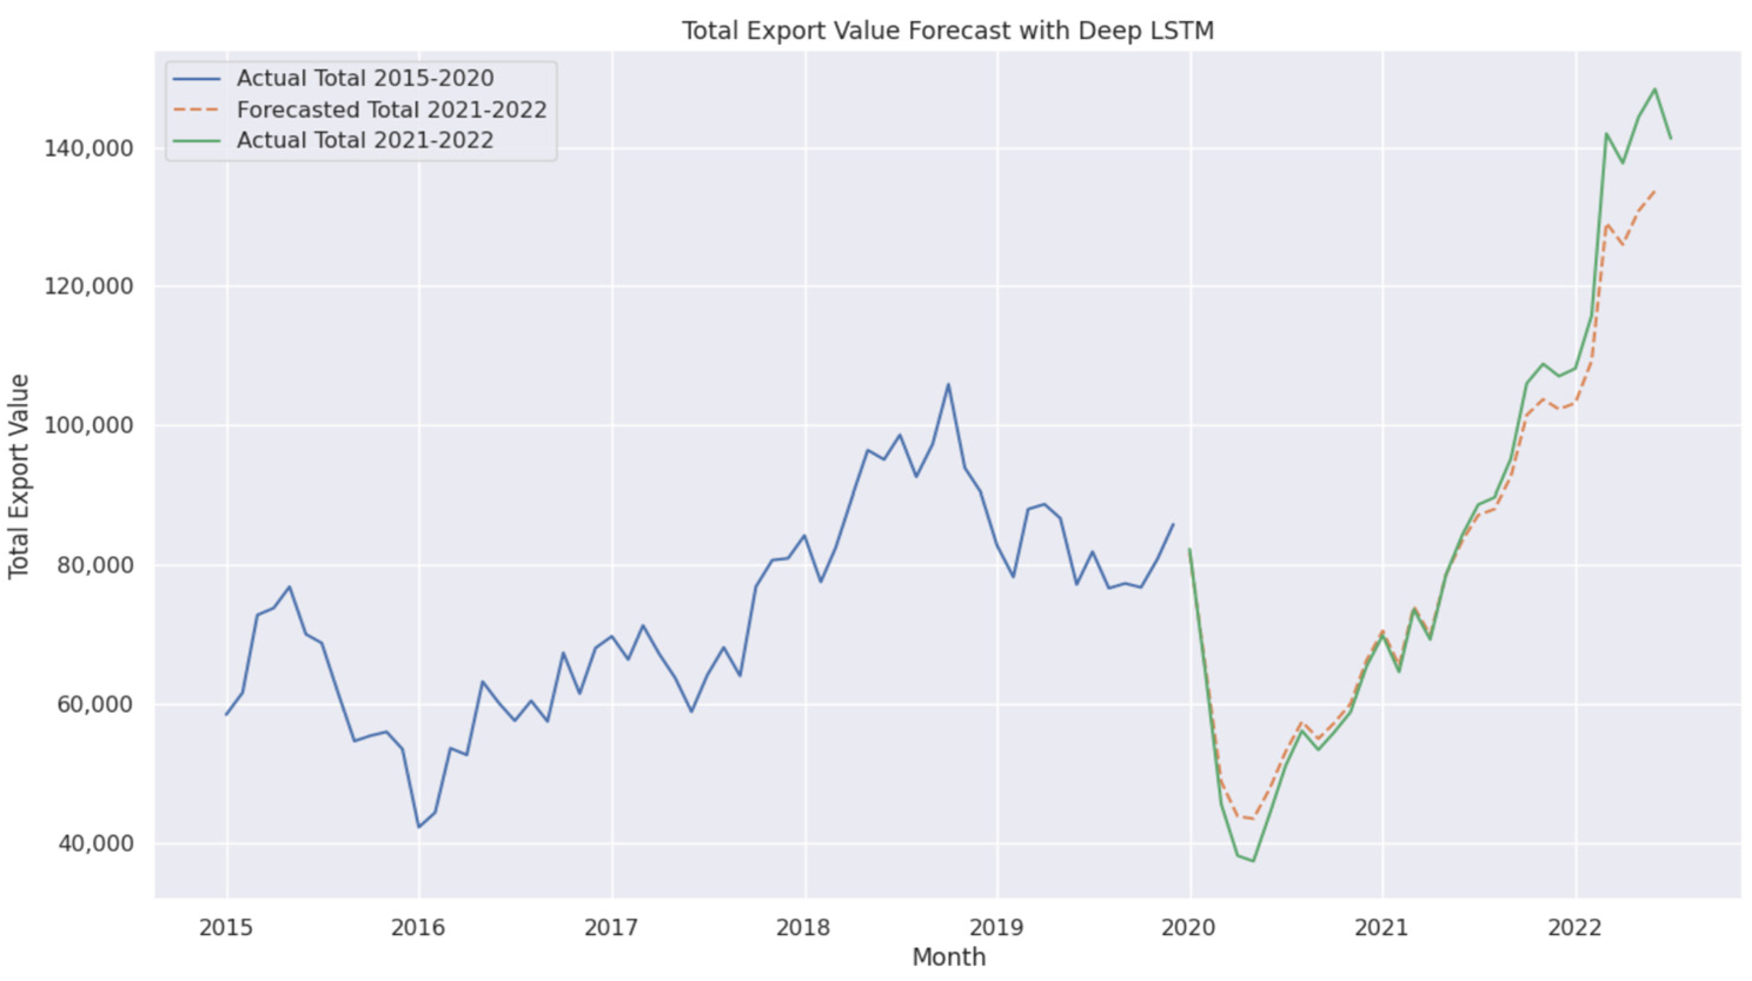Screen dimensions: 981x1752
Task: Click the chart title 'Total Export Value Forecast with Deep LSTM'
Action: (948, 31)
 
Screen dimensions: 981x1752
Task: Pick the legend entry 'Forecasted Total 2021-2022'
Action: (391, 110)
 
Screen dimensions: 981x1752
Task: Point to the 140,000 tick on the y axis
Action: (88, 149)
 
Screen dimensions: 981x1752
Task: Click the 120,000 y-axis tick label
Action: (88, 286)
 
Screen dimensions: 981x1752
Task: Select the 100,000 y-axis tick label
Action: (88, 426)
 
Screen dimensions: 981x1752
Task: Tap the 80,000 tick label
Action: (95, 566)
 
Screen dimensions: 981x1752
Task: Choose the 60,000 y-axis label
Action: (95, 705)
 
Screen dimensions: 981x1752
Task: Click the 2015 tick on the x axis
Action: (226, 927)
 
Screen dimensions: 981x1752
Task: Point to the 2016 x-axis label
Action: (418, 927)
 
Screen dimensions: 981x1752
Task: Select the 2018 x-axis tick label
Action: (804, 927)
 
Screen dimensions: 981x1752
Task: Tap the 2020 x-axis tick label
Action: (1189, 927)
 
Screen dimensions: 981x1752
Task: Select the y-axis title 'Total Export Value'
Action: (19, 476)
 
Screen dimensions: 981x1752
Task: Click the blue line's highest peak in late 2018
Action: (948, 384)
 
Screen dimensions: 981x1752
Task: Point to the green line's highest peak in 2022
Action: (1655, 89)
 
